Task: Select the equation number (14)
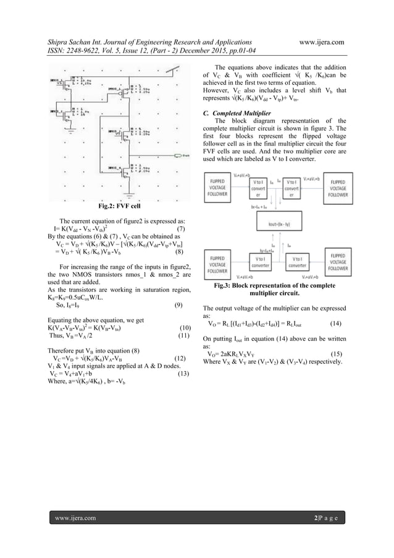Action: click(x=336, y=323)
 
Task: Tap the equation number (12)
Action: click(x=180, y=358)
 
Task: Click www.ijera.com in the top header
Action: click(x=321, y=41)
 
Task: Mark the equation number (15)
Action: click(x=336, y=354)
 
